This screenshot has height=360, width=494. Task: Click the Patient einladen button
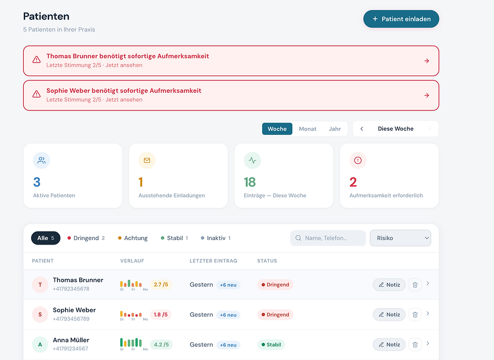tap(401, 19)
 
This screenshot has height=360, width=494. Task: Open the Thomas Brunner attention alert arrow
tap(426, 61)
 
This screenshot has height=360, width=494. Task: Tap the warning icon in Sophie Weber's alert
tap(36, 94)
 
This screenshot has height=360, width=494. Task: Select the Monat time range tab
tap(307, 129)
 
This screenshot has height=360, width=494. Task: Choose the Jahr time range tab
tap(335, 129)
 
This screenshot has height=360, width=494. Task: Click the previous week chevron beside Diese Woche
tap(362, 129)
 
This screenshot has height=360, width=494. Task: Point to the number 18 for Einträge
tap(250, 182)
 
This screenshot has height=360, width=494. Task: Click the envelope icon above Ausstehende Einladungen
tap(147, 160)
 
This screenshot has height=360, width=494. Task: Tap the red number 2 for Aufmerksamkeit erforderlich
tap(353, 182)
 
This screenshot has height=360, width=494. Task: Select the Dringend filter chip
tap(86, 238)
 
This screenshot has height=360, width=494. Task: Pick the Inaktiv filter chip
tap(216, 238)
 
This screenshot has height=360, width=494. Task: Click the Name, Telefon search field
tap(328, 238)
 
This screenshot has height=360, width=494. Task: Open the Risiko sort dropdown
tap(400, 238)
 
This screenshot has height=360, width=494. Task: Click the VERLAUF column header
tap(132, 261)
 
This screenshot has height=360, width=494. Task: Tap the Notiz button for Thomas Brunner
tap(389, 285)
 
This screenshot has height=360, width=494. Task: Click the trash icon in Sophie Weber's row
tap(415, 315)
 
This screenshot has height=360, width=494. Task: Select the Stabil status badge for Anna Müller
tap(271, 344)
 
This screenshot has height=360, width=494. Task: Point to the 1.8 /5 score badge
tap(161, 315)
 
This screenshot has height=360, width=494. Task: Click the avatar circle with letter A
tap(40, 344)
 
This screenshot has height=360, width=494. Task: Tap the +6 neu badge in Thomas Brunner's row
tap(228, 285)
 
